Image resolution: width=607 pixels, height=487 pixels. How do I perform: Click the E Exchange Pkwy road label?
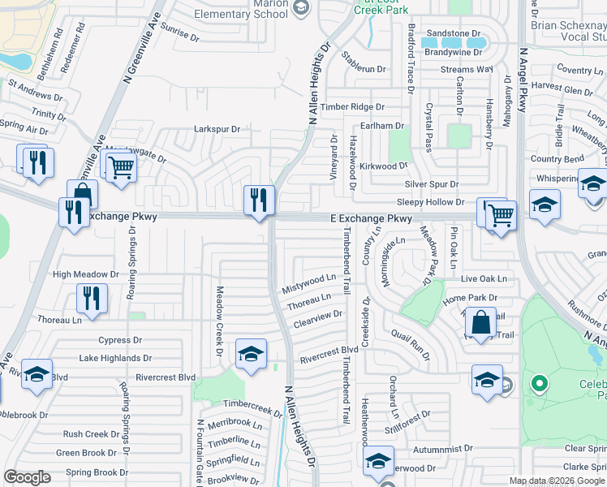(x=371, y=219)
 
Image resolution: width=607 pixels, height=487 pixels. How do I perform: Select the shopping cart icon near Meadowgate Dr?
(x=121, y=168)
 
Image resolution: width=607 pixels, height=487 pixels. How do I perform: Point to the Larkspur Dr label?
(x=217, y=129)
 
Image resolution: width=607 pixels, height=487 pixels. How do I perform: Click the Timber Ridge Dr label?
(x=352, y=107)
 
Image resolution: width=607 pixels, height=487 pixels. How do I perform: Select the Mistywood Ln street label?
(x=308, y=283)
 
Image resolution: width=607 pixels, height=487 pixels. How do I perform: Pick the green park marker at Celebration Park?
(x=537, y=383)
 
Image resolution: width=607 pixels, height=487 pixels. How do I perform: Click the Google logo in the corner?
(x=28, y=477)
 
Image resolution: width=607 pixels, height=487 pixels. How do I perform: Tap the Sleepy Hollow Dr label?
(x=430, y=201)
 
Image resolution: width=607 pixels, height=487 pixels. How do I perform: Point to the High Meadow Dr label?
(x=85, y=274)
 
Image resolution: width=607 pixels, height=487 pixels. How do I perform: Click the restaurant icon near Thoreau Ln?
(x=92, y=297)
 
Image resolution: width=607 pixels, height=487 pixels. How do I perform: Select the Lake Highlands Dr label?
(x=115, y=358)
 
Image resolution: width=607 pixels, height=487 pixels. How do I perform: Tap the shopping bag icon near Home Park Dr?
(x=481, y=321)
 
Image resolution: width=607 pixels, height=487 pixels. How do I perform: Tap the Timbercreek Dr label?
(x=252, y=403)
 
